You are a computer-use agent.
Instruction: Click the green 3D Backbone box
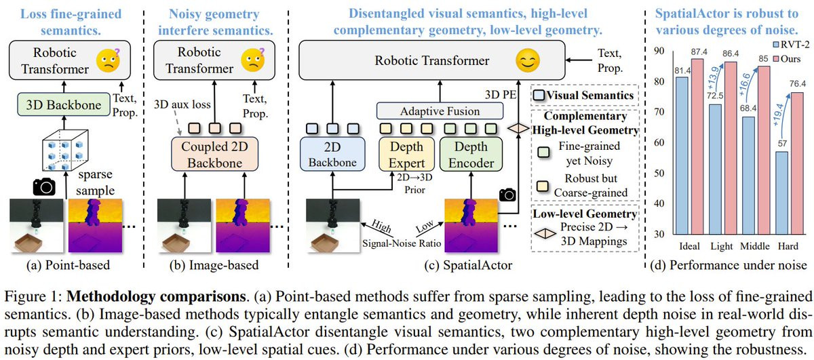(64, 104)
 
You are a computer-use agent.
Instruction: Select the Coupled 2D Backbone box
(215, 155)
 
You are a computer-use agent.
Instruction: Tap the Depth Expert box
(406, 155)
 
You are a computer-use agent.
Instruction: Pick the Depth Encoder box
(471, 155)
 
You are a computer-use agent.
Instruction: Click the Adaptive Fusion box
(440, 111)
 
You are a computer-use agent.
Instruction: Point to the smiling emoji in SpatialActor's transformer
(528, 60)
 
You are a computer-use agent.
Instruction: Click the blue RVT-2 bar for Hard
(781, 193)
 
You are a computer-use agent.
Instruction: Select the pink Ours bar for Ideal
(697, 146)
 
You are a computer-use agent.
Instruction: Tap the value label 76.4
(798, 84)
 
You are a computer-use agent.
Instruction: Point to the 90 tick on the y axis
(659, 51)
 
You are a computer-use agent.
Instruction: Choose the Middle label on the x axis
(755, 246)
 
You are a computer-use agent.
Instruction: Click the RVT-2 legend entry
(791, 45)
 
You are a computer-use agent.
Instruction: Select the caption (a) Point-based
(68, 265)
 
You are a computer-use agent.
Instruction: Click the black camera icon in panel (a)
(44, 187)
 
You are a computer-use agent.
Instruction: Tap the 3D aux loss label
(182, 104)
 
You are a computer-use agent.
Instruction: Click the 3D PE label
(501, 95)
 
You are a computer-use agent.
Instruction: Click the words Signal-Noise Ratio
(402, 243)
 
